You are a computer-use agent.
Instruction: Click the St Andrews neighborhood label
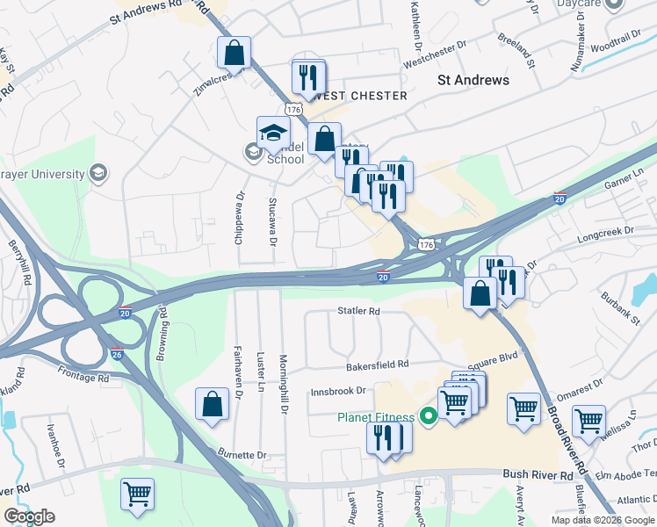473,80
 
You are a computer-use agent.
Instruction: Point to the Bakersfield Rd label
378,364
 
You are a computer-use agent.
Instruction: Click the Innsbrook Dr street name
337,392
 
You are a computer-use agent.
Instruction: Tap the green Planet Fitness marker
430,417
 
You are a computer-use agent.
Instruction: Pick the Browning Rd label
162,333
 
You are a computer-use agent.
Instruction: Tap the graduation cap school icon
273,133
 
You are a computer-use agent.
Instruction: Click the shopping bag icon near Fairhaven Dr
212,405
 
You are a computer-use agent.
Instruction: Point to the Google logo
29,516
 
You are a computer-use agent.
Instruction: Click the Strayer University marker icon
99,171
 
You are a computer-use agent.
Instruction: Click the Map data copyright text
602,520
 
